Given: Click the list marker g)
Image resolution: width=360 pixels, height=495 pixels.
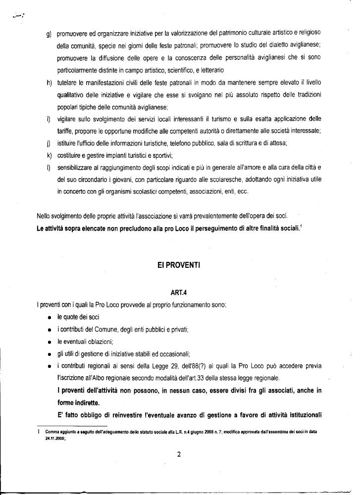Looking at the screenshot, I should (x=49, y=33).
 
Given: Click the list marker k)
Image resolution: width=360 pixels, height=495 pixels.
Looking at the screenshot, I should (x=49, y=155).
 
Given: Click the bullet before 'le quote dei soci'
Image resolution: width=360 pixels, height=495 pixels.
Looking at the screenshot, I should (x=50, y=318).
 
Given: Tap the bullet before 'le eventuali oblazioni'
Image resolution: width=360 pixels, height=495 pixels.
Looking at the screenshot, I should (x=50, y=342).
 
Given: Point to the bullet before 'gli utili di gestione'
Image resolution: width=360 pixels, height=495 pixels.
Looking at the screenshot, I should (x=50, y=354).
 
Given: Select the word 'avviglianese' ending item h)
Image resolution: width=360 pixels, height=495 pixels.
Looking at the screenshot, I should (x=149, y=107).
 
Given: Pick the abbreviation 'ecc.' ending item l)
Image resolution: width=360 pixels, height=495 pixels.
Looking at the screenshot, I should (x=241, y=192).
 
